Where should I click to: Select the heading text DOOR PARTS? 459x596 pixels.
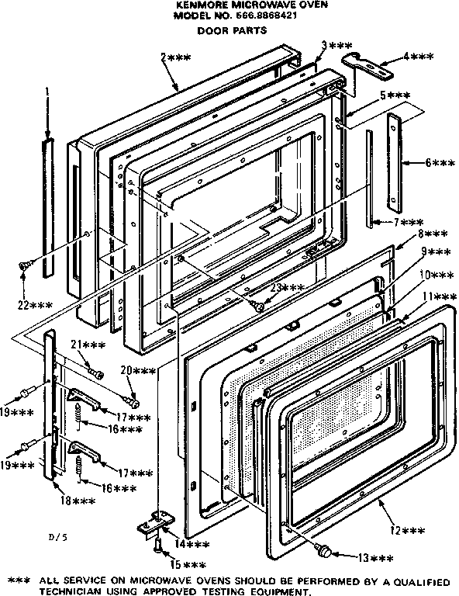(232, 31)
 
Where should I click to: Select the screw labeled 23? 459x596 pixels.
(260, 307)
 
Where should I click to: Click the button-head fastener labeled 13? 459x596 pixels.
(324, 550)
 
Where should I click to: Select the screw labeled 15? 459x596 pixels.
(158, 549)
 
